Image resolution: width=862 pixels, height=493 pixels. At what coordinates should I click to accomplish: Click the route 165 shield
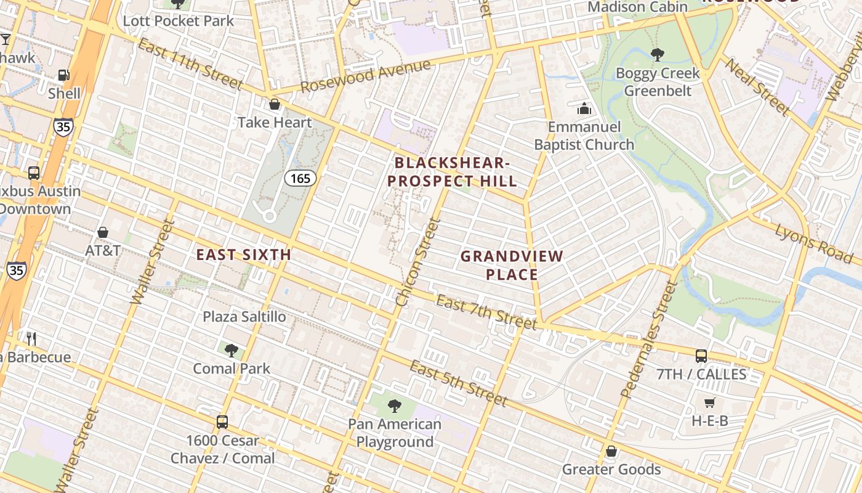300,179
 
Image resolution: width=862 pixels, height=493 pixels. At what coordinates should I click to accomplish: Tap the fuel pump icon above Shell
63,75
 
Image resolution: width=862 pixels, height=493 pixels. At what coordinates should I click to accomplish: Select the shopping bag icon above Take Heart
275,104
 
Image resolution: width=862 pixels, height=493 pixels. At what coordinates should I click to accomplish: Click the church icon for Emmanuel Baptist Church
584,109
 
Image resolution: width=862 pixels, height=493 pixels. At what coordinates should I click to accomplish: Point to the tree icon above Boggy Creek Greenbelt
658,55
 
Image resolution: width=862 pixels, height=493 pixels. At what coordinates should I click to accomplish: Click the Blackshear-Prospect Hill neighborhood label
455,172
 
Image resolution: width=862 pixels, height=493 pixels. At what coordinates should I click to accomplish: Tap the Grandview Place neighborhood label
512,265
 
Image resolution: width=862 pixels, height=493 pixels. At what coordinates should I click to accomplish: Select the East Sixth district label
244,255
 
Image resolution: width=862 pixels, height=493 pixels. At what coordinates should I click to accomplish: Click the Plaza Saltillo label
244,317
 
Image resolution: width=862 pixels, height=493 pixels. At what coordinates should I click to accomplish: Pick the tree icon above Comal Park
232,351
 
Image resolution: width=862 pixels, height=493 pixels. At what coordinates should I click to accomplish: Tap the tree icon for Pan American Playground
395,406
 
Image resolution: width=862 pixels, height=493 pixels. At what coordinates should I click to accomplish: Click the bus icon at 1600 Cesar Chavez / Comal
222,422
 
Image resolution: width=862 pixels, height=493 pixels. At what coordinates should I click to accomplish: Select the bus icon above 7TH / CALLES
701,356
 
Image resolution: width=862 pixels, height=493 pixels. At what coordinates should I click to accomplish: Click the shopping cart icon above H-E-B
709,402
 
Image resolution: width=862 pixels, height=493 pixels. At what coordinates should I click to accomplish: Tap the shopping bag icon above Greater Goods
611,451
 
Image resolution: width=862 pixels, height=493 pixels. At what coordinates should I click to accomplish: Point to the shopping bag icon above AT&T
103,232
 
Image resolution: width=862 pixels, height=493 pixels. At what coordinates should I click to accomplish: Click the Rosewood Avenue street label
365,76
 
